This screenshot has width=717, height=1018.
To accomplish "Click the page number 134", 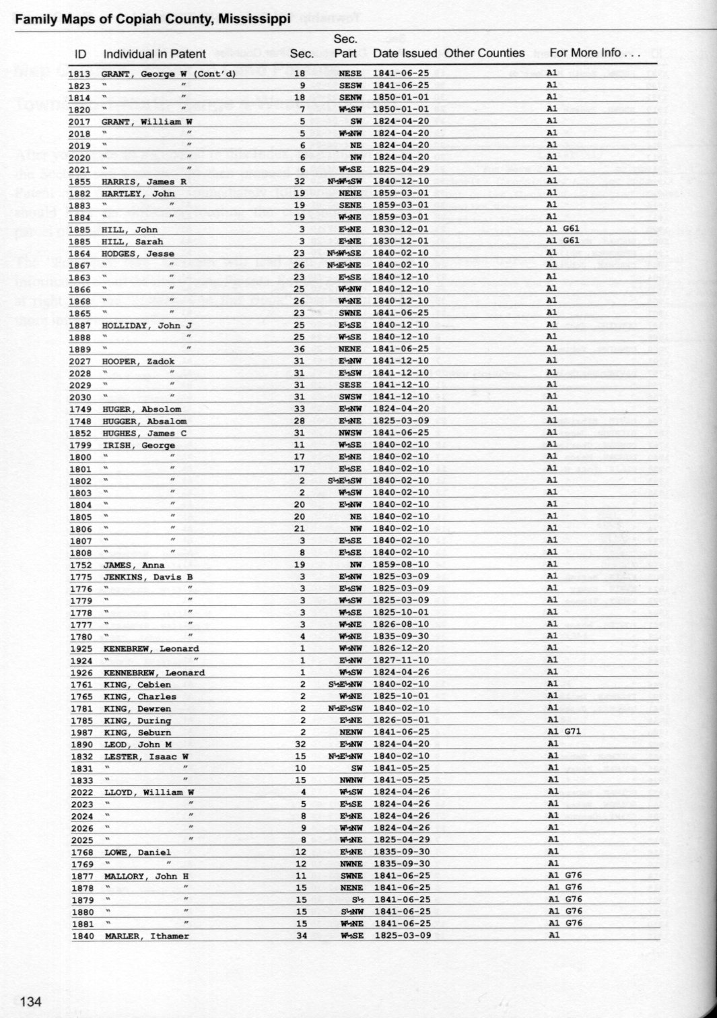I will pyautogui.click(x=31, y=1001).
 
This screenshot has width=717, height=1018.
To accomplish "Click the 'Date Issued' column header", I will pyautogui.click(x=405, y=53).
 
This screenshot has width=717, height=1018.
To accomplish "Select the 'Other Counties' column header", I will pyautogui.click(x=484, y=53).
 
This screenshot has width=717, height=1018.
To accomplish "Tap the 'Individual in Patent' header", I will pyautogui.click(x=155, y=54).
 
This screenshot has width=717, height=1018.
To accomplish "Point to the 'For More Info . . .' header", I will pyautogui.click(x=594, y=53).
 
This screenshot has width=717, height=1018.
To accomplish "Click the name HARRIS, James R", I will pyautogui.click(x=143, y=182).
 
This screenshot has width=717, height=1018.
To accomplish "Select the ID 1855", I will pyautogui.click(x=79, y=182).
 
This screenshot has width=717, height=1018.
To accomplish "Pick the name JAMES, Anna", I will pyautogui.click(x=133, y=565).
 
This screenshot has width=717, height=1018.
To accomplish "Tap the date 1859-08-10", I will pyautogui.click(x=401, y=564).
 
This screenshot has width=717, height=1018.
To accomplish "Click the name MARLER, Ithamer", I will pyautogui.click(x=147, y=936).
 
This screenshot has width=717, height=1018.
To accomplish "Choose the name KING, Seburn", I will pyautogui.click(x=137, y=733).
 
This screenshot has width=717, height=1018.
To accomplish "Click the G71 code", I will pyautogui.click(x=572, y=731).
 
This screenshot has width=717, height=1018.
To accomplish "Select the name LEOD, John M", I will pyautogui.click(x=137, y=745).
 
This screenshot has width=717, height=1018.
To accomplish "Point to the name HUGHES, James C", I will pyautogui.click(x=144, y=434).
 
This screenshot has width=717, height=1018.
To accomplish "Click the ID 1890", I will pyautogui.click(x=81, y=745).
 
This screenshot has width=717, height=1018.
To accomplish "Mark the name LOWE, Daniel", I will pyautogui.click(x=137, y=852).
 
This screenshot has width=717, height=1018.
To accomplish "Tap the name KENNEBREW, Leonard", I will pyautogui.click(x=154, y=673).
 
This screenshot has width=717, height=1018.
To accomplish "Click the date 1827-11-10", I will pyautogui.click(x=401, y=660).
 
